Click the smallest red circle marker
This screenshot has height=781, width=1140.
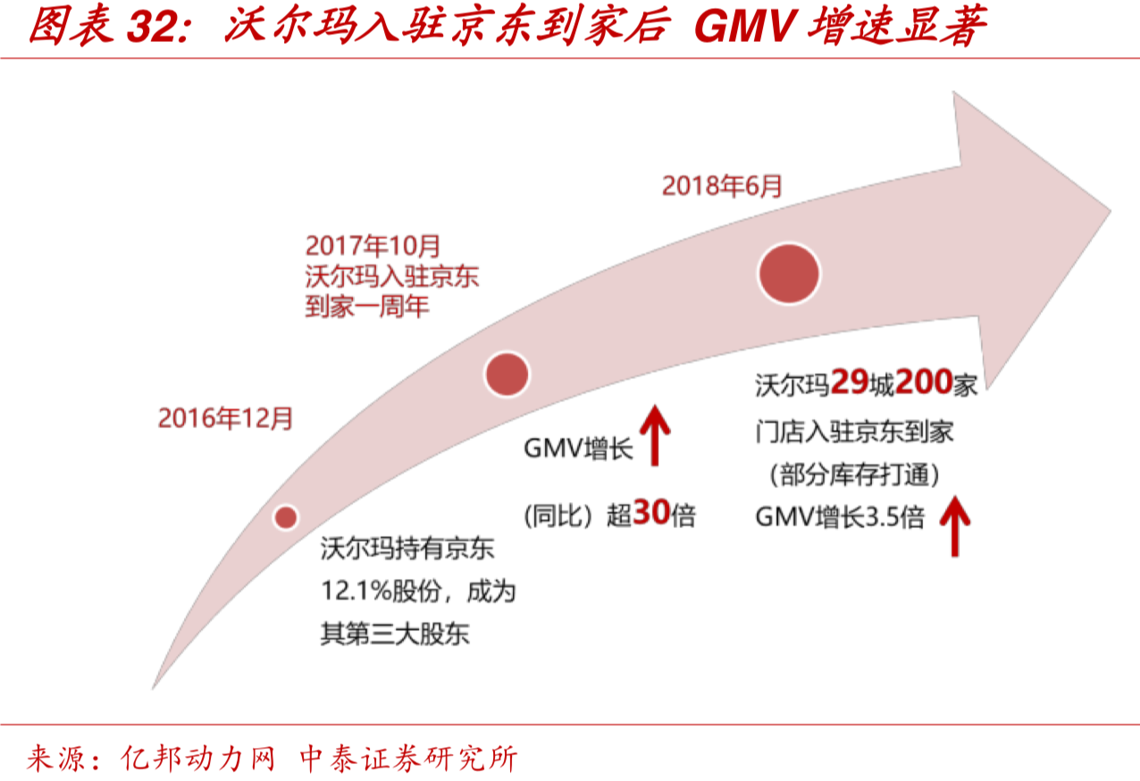tap(286, 516)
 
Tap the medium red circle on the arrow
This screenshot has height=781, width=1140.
tap(507, 374)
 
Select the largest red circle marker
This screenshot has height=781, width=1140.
tap(789, 273)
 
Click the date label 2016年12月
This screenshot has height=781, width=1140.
tap(225, 419)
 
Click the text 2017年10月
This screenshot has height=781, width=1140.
tap(373, 244)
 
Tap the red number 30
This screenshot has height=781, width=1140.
tap(651, 514)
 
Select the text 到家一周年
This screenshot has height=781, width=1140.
tap(367, 307)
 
